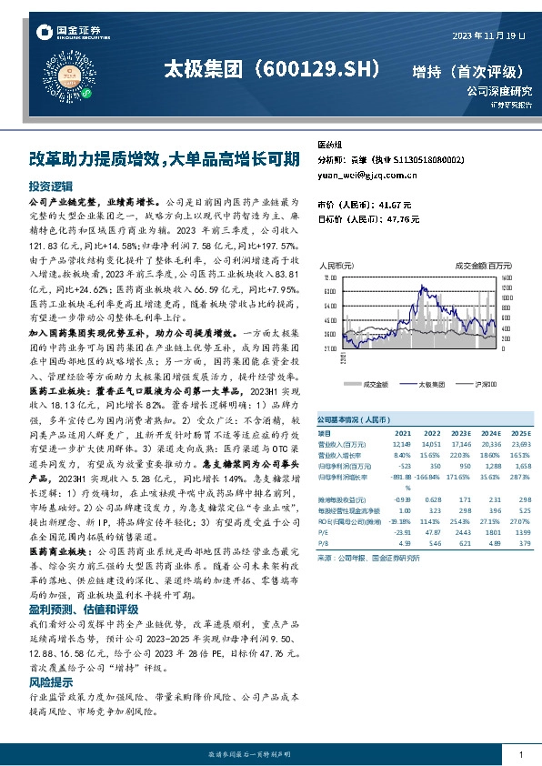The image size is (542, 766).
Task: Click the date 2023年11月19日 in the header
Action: click(x=490, y=35)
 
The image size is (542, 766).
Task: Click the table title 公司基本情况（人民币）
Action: click(x=356, y=420)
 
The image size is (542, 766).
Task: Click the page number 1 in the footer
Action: click(x=519, y=755)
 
